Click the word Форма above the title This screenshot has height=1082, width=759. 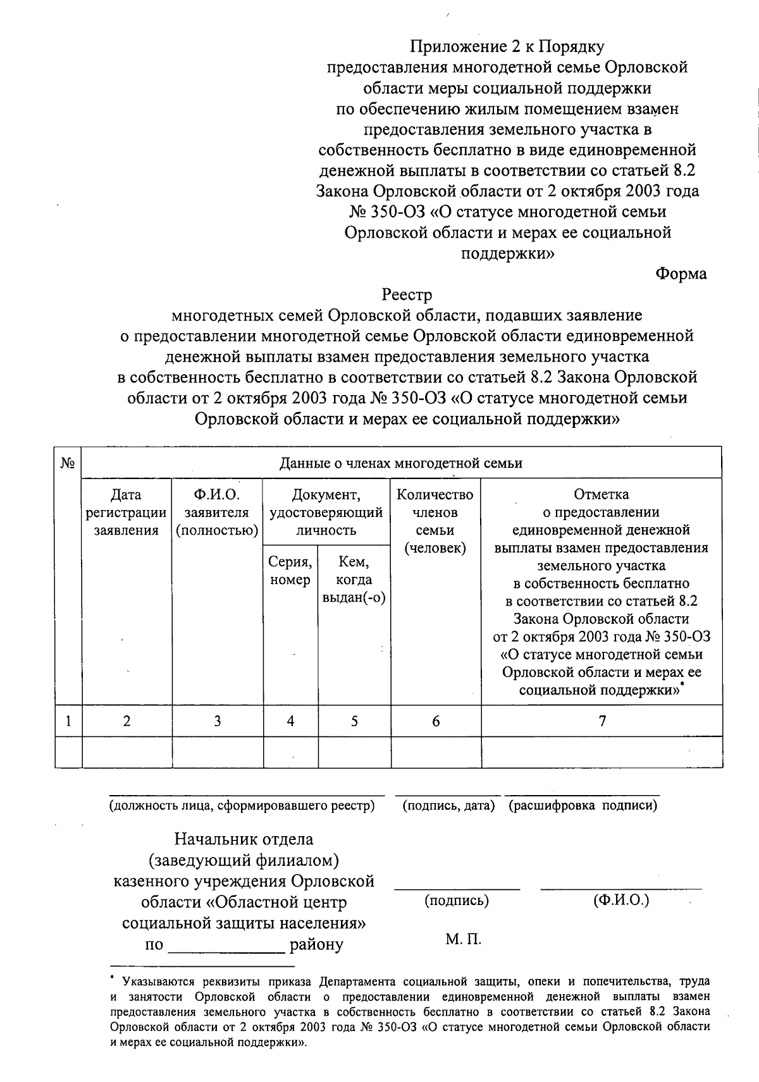[x=681, y=274]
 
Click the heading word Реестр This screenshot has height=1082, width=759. [x=407, y=295]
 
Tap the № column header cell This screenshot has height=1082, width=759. [x=68, y=463]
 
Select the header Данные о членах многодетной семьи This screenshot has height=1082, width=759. [x=401, y=463]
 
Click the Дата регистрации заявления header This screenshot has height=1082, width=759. [x=126, y=513]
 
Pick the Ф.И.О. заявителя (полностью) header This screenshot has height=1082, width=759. [x=218, y=513]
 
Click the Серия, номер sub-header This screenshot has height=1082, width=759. [x=290, y=571]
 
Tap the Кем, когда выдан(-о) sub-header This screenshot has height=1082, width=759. [x=354, y=580]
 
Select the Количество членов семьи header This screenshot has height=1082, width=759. [x=435, y=521]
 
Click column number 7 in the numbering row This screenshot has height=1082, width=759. [x=602, y=720]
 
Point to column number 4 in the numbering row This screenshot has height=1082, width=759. [x=290, y=720]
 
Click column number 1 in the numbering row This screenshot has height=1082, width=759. [x=68, y=720]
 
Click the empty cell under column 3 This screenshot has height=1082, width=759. [x=218, y=752]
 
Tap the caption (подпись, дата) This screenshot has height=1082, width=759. [x=448, y=806]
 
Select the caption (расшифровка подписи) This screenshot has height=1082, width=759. [x=583, y=806]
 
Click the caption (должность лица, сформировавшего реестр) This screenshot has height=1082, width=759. [x=242, y=806]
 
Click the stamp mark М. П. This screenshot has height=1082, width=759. [x=463, y=940]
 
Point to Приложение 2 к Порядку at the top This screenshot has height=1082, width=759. [x=507, y=47]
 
